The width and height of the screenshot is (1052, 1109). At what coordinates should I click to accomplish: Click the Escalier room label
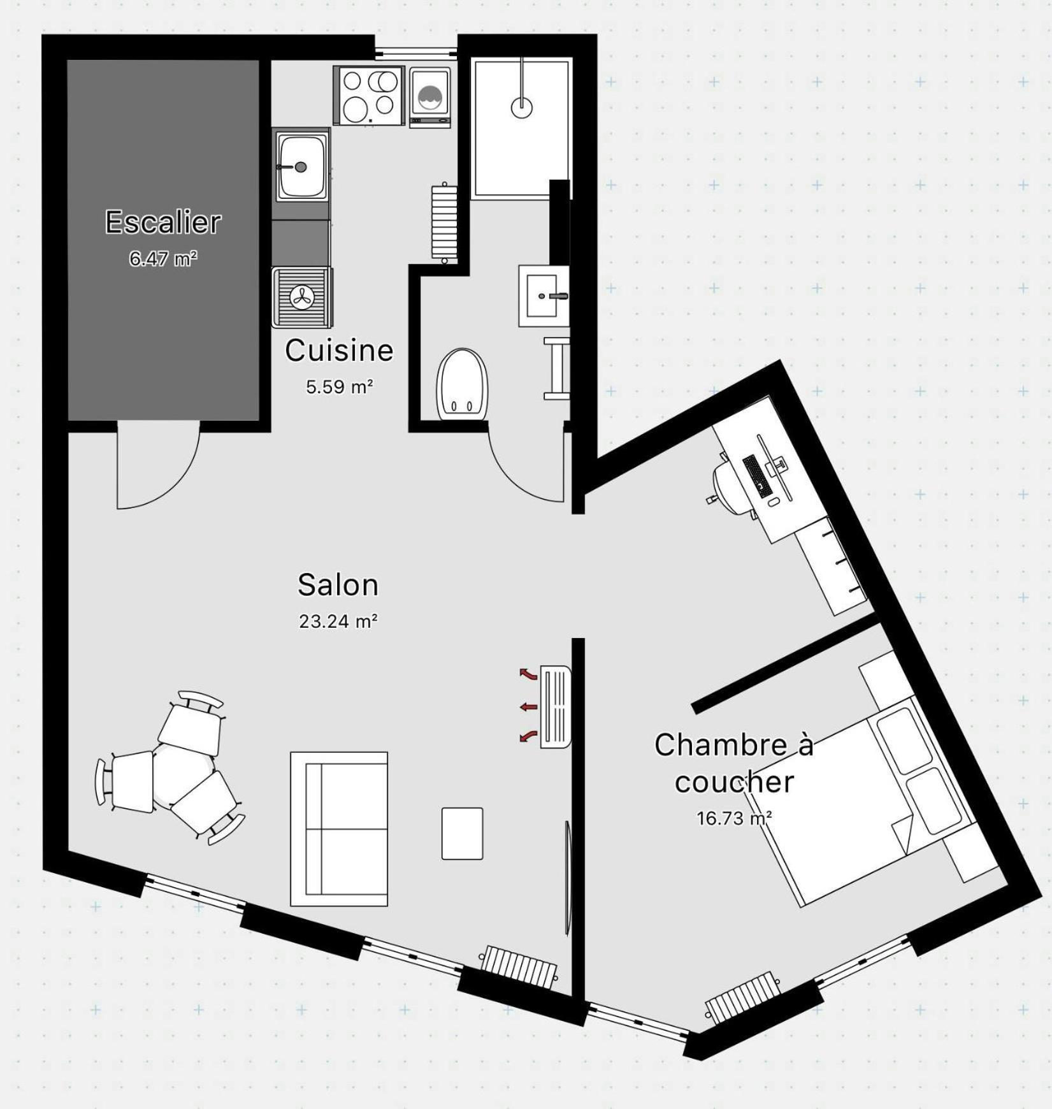(163, 222)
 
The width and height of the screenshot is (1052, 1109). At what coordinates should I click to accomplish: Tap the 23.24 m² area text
(338, 621)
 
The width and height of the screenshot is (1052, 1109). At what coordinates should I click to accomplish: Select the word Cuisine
(339, 350)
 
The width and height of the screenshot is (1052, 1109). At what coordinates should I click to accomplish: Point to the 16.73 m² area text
(735, 818)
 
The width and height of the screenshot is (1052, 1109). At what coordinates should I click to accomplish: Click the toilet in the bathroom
(462, 384)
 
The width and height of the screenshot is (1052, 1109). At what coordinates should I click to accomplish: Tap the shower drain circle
(522, 107)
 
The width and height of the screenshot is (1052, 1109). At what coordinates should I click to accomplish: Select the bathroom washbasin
(544, 296)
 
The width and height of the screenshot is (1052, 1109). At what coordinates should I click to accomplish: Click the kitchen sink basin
(301, 166)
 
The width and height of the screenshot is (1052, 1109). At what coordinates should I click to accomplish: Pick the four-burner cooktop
(369, 96)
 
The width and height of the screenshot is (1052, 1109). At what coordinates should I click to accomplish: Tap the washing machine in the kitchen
(430, 98)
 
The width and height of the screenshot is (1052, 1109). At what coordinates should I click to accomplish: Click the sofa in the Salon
(339, 829)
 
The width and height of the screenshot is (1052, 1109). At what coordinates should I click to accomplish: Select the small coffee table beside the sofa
(462, 834)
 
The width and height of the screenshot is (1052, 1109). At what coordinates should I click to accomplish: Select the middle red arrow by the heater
(528, 706)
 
